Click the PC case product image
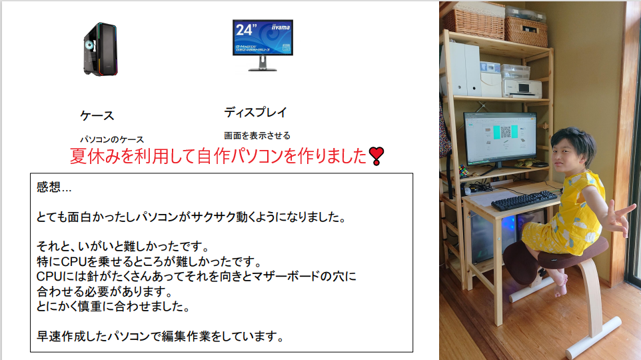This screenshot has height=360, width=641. coord(101,49)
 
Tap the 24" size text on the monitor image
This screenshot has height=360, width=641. coord(246,29)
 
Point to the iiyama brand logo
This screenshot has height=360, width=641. coord(281,27)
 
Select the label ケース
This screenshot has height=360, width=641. coord(97,116)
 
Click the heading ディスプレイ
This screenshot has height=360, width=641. coord(255,112)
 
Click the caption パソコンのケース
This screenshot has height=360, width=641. coord(111,139)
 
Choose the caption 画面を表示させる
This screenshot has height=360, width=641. coord(257,135)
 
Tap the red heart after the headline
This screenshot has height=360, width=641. coord(376,156)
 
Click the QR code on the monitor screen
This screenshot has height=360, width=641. coord(506,132)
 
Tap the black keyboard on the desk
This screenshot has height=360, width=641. coord(524,201)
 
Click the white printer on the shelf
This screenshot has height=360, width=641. coord(522,89)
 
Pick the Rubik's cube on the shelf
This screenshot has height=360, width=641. coord(463,171)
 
